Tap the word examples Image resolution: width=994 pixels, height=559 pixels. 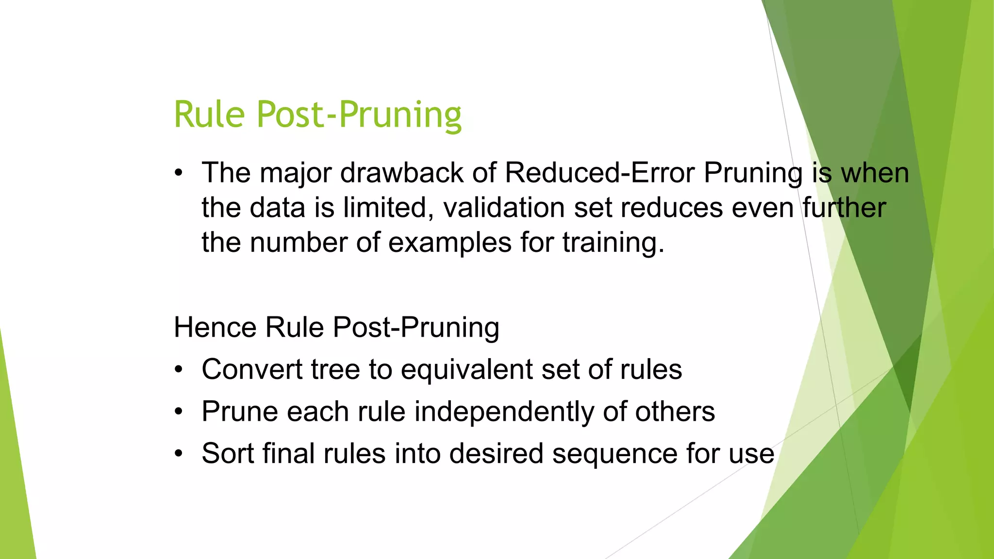[x=450, y=243]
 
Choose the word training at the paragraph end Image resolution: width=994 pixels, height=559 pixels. [x=613, y=243]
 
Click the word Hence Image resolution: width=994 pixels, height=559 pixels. [x=215, y=327]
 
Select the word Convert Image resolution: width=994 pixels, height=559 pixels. [x=252, y=369]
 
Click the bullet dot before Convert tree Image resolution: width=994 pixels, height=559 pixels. [x=179, y=370]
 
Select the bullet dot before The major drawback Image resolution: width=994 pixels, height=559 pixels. [x=179, y=173]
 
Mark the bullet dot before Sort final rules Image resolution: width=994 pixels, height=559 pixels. [x=179, y=454]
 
